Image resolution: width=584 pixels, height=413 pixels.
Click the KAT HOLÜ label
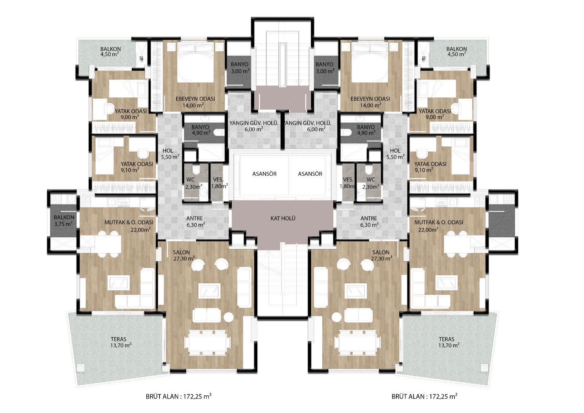[x=283, y=218]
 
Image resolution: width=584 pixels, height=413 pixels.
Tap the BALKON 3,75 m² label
[x=64, y=221]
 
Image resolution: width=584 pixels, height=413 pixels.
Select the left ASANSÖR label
[x=264, y=174]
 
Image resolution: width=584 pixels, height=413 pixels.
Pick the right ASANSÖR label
[x=310, y=174]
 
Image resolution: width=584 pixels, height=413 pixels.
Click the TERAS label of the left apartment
[x=119, y=339]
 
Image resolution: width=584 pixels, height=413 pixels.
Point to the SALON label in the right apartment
[x=381, y=252]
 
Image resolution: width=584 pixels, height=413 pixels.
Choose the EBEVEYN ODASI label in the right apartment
[x=370, y=99]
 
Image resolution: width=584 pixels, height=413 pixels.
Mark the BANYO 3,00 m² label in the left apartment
[x=240, y=68]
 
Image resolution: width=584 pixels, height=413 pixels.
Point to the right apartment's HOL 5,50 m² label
[x=396, y=154]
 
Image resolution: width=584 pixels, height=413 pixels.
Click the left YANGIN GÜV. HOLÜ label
[x=254, y=126]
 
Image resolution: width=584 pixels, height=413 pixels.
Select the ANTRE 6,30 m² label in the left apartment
[x=195, y=222]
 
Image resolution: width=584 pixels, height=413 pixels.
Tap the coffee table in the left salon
[x=209, y=291]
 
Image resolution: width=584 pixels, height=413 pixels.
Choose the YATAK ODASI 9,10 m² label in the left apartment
[x=137, y=167]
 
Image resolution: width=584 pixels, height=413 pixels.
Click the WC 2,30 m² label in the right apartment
[x=371, y=183]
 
